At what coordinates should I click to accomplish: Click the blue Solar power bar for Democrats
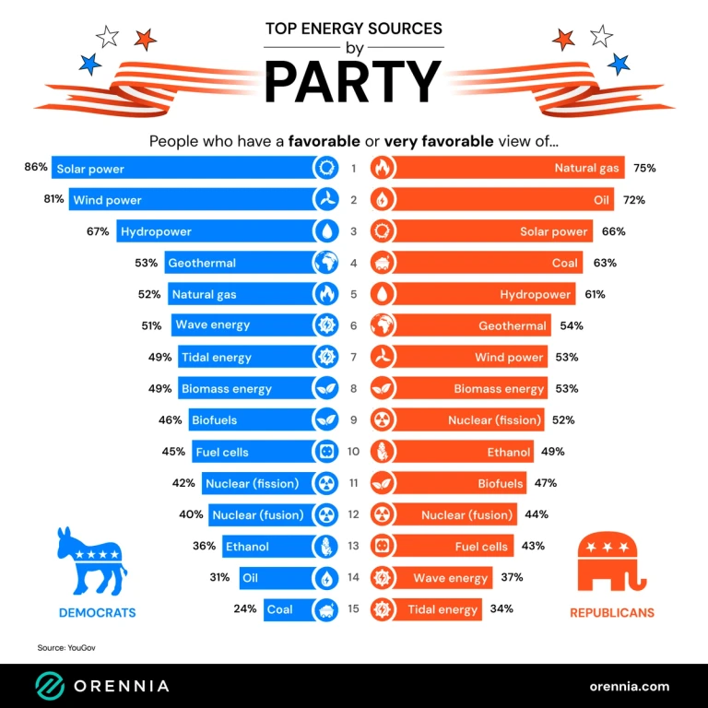point(184,169)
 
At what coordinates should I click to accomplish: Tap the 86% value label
point(36,168)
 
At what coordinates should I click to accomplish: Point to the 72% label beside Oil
point(633,200)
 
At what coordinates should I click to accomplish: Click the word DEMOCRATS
point(97,613)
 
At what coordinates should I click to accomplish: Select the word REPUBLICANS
point(611,613)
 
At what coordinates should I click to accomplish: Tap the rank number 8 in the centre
point(355,389)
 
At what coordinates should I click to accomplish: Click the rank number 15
point(355,609)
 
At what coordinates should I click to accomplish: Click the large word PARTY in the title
point(353,81)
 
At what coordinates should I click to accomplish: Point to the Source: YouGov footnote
point(66,648)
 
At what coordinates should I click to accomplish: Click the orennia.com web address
point(629,686)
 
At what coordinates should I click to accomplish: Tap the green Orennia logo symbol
point(49,686)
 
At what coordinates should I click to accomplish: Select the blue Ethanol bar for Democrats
point(267,547)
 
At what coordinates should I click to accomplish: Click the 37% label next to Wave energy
point(513,578)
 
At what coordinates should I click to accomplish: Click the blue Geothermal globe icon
point(327,263)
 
